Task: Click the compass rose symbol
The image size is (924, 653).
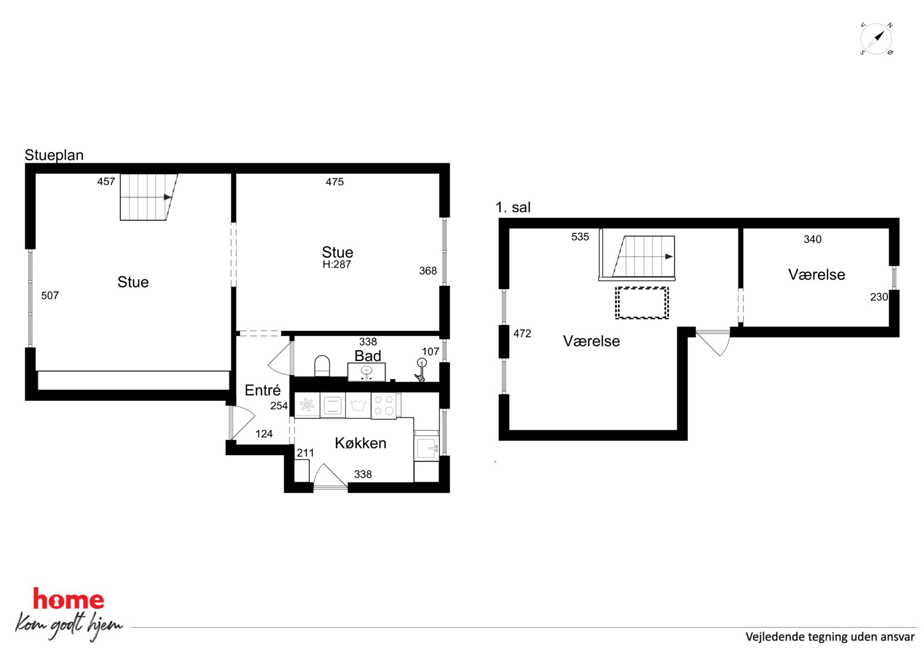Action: coord(876,39)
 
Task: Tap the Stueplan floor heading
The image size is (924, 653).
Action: coord(54,155)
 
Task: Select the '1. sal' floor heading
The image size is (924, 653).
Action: coord(513,207)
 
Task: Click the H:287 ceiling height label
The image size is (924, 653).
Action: coord(337,264)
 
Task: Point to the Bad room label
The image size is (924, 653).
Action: coord(368,356)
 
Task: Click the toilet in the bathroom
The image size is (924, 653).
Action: coord(322,366)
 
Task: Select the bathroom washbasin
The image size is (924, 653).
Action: coord(367,372)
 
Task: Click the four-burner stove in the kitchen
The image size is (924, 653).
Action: coord(384,405)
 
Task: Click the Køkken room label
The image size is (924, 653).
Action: coord(360,443)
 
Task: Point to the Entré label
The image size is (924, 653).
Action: coord(263,390)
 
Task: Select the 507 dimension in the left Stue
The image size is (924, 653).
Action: coord(50,296)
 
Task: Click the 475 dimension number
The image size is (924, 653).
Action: coord(334,182)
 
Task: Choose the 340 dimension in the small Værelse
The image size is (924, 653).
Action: coord(812,239)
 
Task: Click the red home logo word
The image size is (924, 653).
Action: coord(68,599)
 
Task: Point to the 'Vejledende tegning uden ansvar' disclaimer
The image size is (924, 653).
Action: coord(830,637)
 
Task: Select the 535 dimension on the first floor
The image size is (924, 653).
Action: coord(580,237)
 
